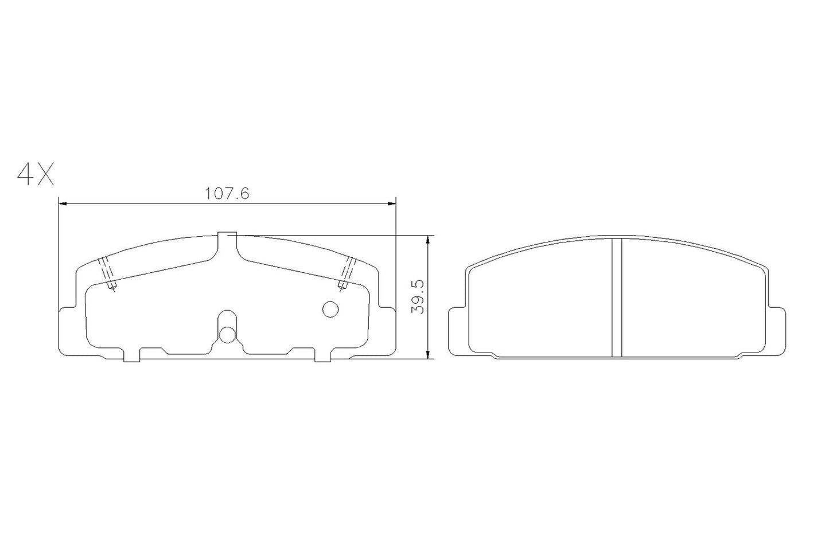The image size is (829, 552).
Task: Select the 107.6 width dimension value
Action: [227, 194]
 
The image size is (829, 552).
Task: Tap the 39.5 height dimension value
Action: [418, 297]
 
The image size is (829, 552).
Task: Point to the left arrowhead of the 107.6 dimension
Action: [63, 203]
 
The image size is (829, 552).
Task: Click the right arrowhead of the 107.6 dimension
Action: [392, 203]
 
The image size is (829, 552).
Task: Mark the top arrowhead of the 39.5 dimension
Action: [427, 239]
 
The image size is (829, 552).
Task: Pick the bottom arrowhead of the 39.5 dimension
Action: [427, 355]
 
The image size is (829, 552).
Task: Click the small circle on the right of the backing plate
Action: [330, 310]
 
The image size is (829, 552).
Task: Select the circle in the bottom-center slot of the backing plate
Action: [227, 334]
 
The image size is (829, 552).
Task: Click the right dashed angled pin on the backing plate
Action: [348, 274]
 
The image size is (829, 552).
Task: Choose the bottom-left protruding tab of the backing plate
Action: [132, 355]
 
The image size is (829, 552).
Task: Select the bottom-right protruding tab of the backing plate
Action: [322, 355]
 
